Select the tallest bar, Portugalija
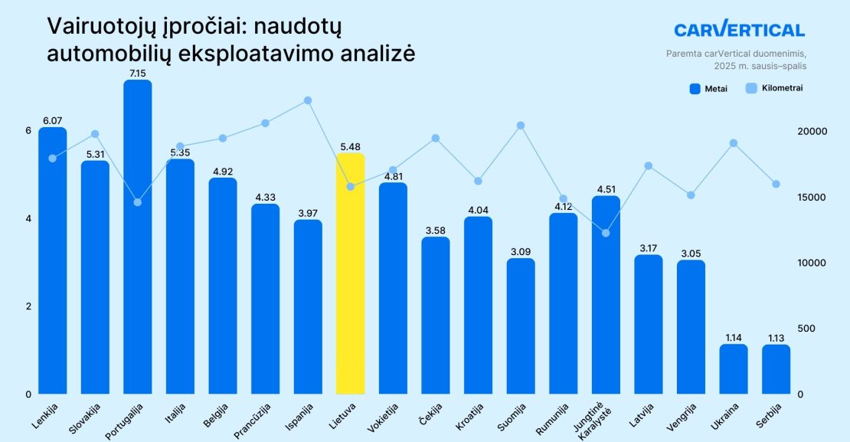[138, 237]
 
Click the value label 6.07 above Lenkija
[52, 120]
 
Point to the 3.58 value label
[436, 230]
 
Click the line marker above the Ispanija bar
[308, 100]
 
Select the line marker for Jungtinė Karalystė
[606, 233]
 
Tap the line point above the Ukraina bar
[734, 143]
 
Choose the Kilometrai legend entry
[773, 89]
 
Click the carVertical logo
[739, 30]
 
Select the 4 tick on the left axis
[28, 218]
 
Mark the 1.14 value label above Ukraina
[734, 337]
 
